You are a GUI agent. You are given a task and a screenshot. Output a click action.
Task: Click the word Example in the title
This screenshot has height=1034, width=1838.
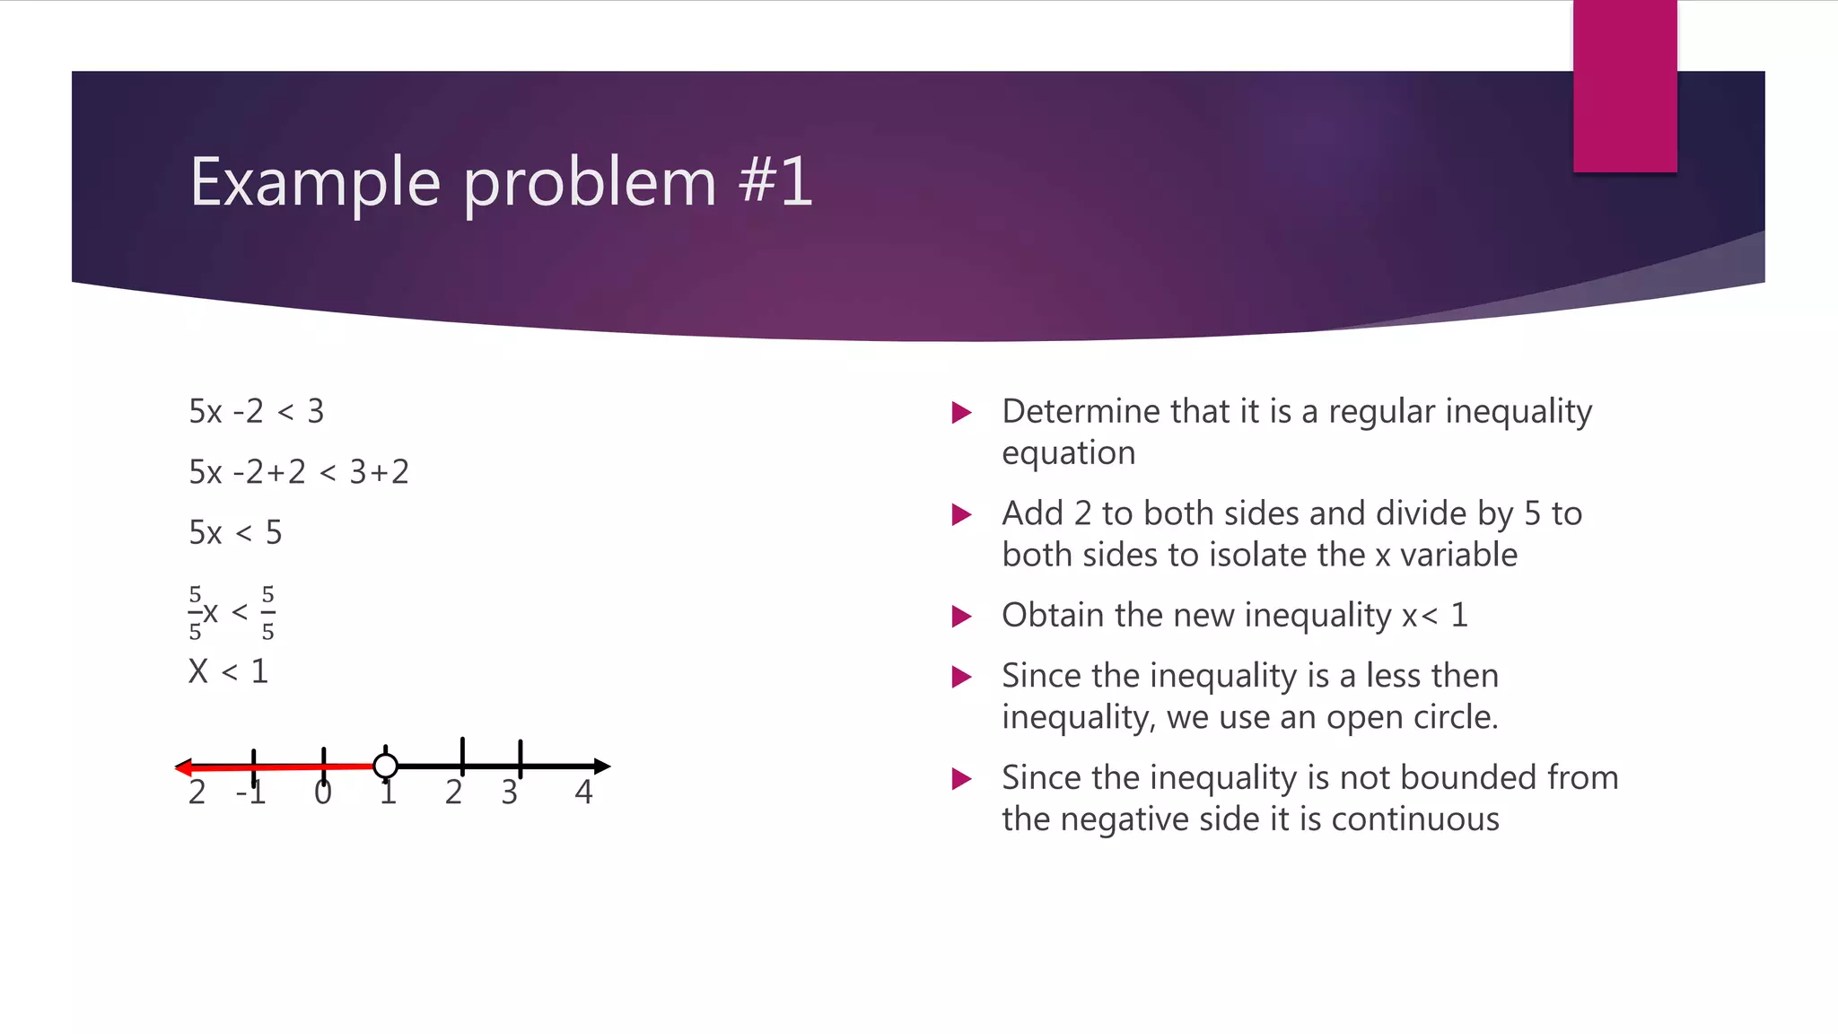tap(315, 183)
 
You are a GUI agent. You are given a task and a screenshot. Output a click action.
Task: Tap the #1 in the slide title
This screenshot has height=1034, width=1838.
tap(775, 181)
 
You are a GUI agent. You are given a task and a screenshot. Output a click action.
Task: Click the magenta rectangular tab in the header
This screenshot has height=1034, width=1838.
tap(1624, 86)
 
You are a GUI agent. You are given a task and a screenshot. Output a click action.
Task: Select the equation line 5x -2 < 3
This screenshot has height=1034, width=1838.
tap(256, 411)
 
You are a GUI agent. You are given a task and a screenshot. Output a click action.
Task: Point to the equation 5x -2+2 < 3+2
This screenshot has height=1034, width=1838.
tap(298, 472)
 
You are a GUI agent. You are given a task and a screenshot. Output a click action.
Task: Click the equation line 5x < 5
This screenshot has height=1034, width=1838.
tap(235, 532)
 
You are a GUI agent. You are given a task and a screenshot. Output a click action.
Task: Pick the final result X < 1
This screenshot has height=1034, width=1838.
tap(228, 671)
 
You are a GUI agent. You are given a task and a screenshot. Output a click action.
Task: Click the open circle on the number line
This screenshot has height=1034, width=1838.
tap(385, 766)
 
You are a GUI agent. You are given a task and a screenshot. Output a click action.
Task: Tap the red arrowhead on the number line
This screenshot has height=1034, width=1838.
tap(183, 767)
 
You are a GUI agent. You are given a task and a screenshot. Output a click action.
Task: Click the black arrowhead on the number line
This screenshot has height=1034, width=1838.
tap(602, 766)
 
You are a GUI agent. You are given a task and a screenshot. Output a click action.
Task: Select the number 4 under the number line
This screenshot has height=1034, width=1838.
tap(583, 792)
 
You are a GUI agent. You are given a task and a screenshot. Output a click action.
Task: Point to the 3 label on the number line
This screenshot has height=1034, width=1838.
tap(509, 793)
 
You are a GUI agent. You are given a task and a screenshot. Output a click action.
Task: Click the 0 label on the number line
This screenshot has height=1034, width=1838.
tap(323, 793)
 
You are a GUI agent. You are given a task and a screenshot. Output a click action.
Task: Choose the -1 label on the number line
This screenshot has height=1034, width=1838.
tap(250, 793)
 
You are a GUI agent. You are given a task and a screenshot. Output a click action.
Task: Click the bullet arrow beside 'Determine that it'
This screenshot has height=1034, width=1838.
tap(961, 413)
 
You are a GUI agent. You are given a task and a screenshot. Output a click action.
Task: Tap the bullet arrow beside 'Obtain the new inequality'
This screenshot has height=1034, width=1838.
tap(961, 617)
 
